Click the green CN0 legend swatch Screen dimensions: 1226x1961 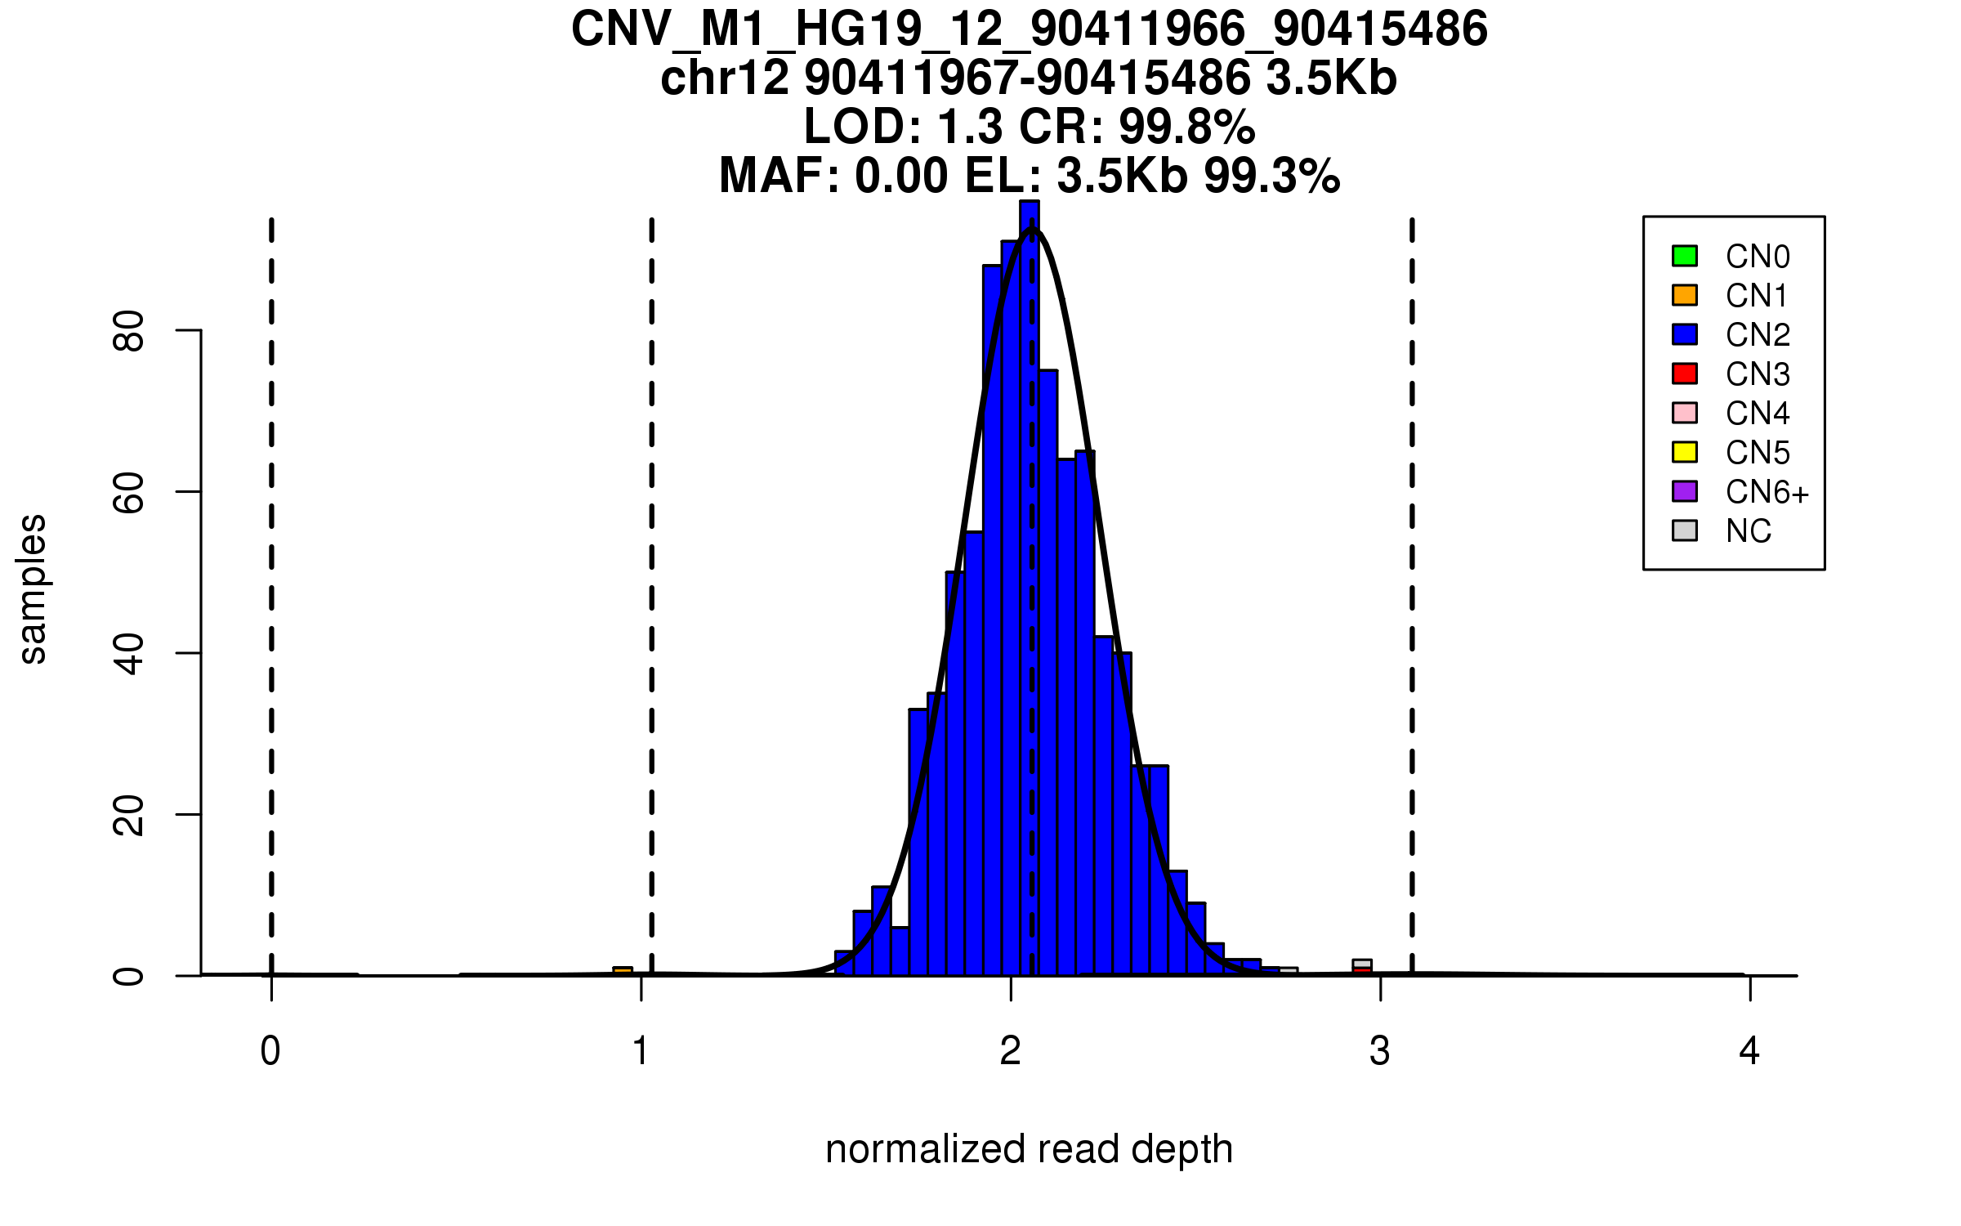click(1685, 256)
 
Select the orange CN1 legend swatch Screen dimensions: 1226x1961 click(1685, 295)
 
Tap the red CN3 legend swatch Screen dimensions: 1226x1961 click(1685, 374)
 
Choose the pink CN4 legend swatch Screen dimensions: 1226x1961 click(1685, 413)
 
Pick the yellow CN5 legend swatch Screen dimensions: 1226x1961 click(1685, 452)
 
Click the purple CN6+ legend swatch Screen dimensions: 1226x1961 click(1685, 491)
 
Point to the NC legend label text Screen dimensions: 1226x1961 click(1748, 531)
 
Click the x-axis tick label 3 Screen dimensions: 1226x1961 click(1380, 1051)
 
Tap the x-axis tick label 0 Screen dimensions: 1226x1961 click(270, 1051)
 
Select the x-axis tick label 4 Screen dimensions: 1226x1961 click(1749, 1051)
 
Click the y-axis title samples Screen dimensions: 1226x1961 click(33, 588)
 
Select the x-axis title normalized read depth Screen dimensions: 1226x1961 click(1029, 1149)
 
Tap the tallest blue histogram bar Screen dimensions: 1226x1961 click(1030, 588)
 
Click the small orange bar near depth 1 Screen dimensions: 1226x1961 click(623, 971)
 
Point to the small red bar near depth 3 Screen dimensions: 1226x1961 click(1362, 971)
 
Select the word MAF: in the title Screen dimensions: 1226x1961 click(779, 176)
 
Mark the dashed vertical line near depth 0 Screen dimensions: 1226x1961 click(271, 572)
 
